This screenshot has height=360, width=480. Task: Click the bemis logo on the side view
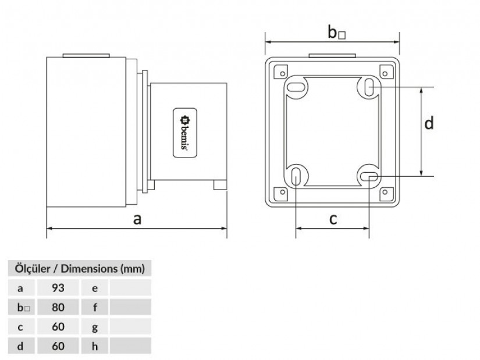tap(184, 132)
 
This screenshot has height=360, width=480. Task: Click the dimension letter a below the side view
tap(137, 219)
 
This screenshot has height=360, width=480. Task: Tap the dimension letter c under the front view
tap(333, 219)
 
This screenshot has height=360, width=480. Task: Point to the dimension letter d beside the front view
tap(429, 123)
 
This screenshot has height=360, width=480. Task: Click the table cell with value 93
tap(57, 287)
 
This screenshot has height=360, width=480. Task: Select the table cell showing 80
tap(57, 307)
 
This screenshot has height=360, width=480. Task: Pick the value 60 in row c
tap(57, 326)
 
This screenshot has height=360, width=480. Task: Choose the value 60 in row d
tap(57, 347)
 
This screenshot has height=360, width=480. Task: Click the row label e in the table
tap(95, 287)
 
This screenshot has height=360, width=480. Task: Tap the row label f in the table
tap(95, 307)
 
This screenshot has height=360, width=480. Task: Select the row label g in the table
tap(95, 326)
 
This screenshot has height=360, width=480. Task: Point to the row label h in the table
tap(95, 347)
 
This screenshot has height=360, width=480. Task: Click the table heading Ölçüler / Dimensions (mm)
tap(79, 269)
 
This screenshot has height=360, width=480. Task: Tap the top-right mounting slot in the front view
tap(369, 88)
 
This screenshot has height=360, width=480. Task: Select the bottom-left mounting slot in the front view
tap(296, 174)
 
